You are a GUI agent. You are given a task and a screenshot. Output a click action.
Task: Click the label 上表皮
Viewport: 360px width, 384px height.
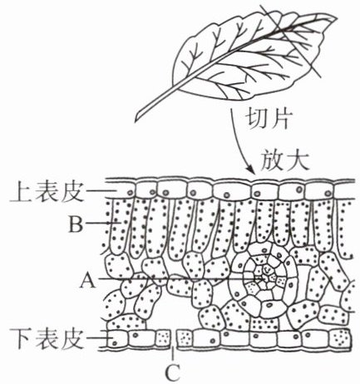click(x=47, y=192)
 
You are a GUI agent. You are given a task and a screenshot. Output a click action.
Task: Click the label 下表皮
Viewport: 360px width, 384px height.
click(x=47, y=338)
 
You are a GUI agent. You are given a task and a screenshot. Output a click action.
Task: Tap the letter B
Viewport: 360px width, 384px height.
click(x=76, y=224)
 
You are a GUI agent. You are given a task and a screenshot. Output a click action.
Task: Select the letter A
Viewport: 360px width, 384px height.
click(x=88, y=279)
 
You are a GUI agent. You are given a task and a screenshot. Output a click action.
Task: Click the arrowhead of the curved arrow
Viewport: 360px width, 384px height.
click(x=251, y=170)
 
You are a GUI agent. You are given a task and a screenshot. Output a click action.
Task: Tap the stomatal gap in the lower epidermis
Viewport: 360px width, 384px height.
click(x=174, y=339)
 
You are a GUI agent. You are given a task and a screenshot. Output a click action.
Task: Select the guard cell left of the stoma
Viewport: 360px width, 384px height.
click(x=163, y=338)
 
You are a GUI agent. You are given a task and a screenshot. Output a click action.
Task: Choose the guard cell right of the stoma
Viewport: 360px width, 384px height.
click(x=185, y=338)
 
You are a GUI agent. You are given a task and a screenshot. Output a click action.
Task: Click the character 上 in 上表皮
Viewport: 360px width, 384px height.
click(x=21, y=192)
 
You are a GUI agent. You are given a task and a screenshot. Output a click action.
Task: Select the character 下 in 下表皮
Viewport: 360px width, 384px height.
click(x=21, y=339)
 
